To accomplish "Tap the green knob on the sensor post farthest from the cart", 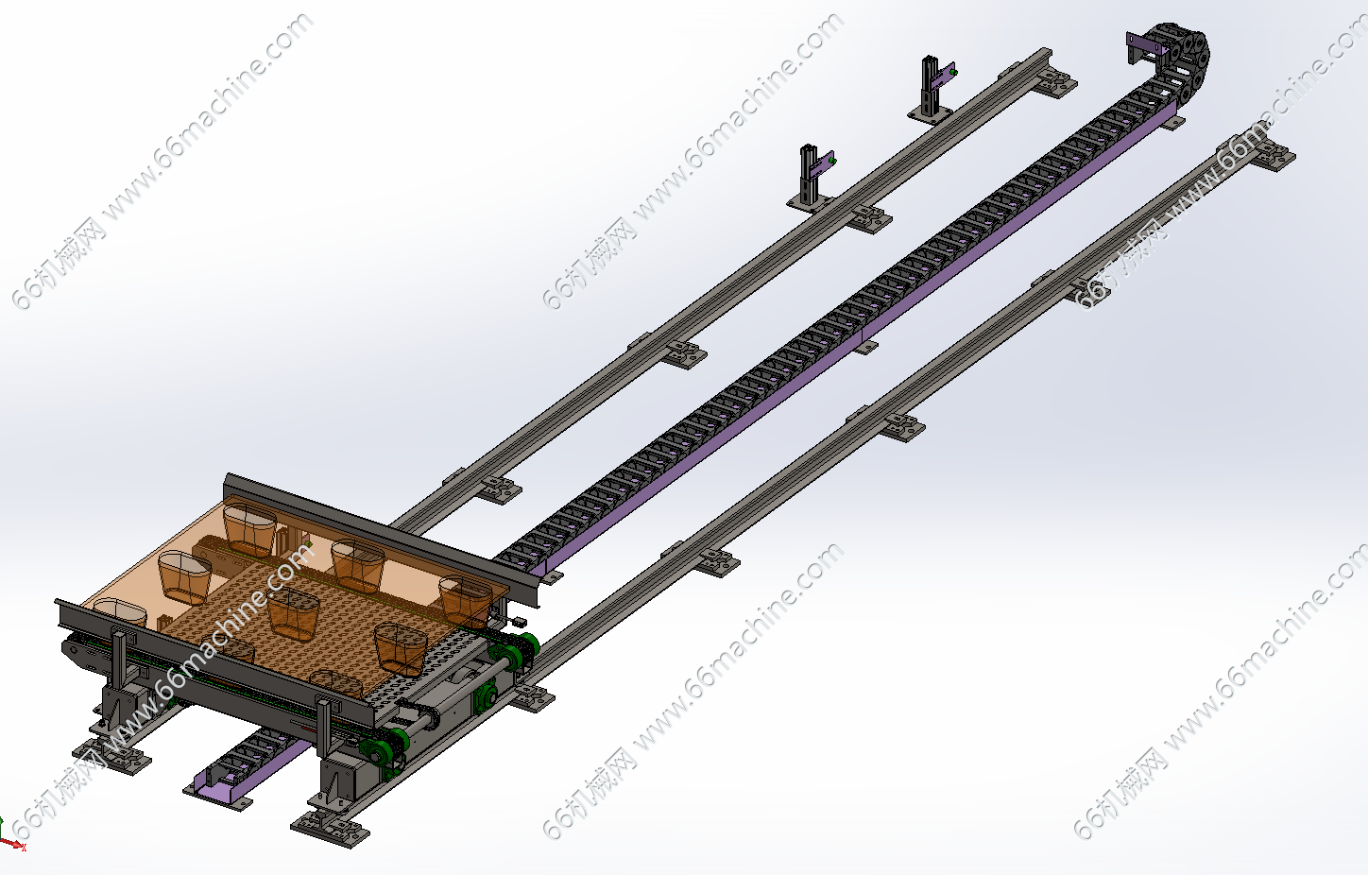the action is [954, 72].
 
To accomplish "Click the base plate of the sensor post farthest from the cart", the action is [929, 115].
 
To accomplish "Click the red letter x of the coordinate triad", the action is [24, 848].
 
